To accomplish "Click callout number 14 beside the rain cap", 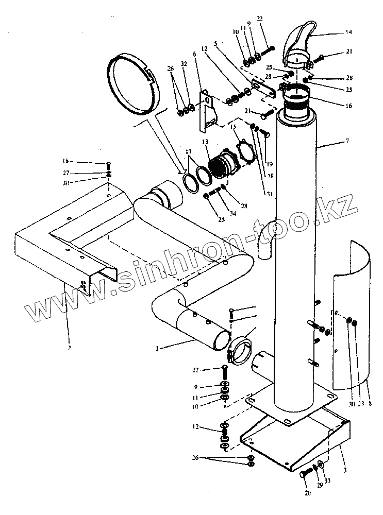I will (x=348, y=32).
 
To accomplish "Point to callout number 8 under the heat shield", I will (x=369, y=405).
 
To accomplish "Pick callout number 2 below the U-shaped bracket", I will (x=69, y=348).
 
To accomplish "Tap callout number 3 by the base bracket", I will (x=344, y=470).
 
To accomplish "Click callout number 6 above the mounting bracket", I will (x=195, y=53).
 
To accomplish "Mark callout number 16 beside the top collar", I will (x=349, y=106).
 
